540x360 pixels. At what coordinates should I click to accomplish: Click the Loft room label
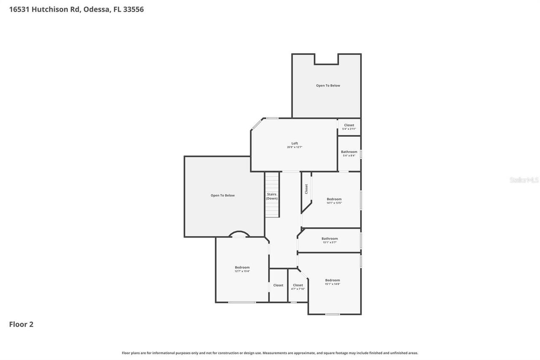[x=294, y=143]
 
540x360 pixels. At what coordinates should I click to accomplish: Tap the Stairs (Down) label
[x=272, y=196]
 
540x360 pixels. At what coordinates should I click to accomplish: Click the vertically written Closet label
[x=306, y=189]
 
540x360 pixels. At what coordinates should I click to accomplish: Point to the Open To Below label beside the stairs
[x=222, y=195]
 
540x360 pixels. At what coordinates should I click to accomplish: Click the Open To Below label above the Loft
[x=328, y=86]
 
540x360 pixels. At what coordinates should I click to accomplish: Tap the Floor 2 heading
[x=21, y=324]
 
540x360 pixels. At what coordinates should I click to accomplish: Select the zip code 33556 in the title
[x=133, y=9]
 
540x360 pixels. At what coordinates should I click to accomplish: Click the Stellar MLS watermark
[x=524, y=180]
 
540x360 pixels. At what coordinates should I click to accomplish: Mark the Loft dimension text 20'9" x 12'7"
[x=294, y=147]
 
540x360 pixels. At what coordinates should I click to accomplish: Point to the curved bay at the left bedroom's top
[x=239, y=233]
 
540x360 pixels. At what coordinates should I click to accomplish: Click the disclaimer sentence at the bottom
[x=270, y=353]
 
